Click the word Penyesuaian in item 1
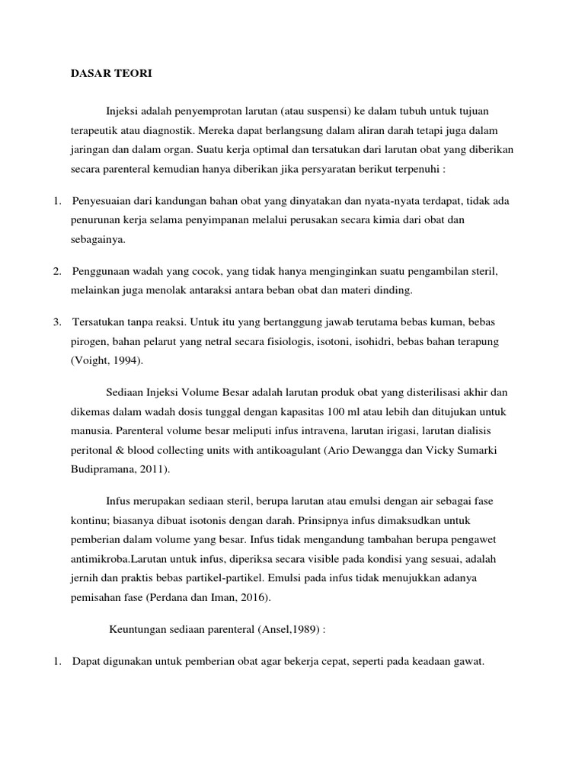(x=103, y=201)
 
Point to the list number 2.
(x=57, y=271)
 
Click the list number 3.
(x=57, y=321)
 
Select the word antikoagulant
(x=287, y=451)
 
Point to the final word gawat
(x=468, y=663)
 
